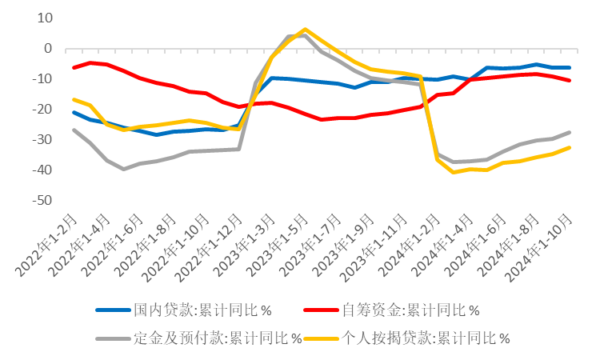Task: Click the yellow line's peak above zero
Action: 305,30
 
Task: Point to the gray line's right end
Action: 569,132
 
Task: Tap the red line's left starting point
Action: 74,67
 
